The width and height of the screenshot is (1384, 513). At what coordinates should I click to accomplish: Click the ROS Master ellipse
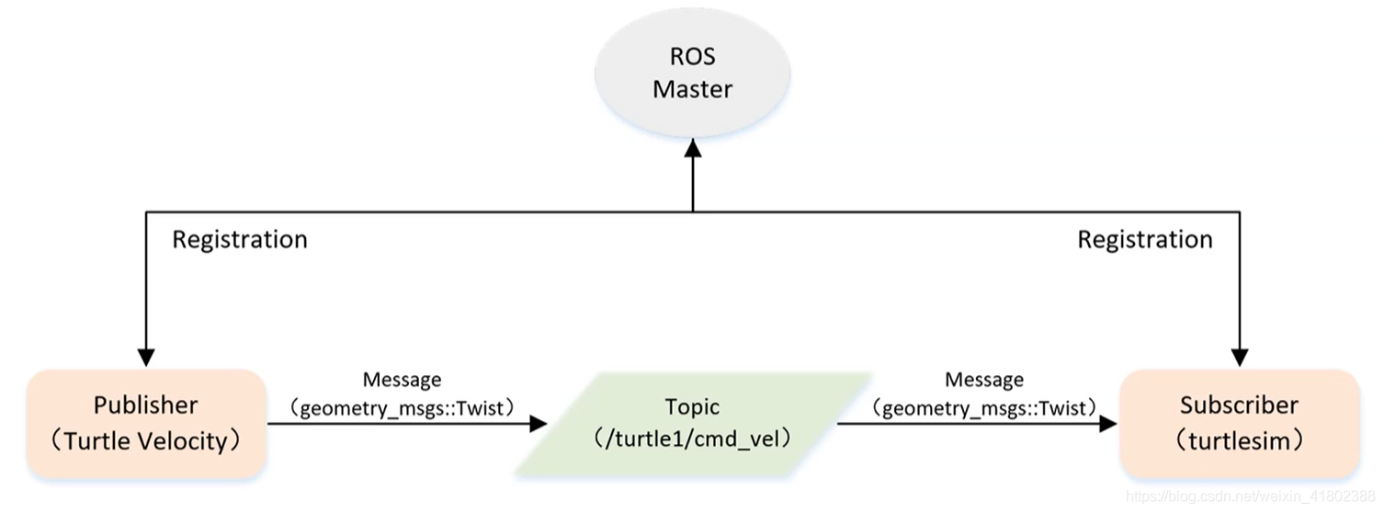pyautogui.click(x=692, y=74)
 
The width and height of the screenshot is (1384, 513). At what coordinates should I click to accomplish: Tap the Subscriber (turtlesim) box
pyautogui.click(x=1239, y=423)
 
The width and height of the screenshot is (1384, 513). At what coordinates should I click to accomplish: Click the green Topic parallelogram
pyautogui.click(x=692, y=423)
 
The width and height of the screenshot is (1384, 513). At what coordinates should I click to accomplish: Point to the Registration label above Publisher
pyautogui.click(x=240, y=240)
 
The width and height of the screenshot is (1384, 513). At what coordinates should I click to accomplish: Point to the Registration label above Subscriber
pyautogui.click(x=1144, y=240)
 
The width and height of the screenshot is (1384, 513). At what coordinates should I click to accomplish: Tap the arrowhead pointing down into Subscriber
pyautogui.click(x=1240, y=357)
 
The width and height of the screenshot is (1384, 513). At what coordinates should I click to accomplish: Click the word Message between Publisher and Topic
pyautogui.click(x=402, y=380)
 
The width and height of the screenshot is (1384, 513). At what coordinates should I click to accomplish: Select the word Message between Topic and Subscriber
pyautogui.click(x=983, y=380)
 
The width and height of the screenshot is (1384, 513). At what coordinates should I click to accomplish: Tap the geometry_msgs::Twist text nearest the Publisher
pyautogui.click(x=402, y=407)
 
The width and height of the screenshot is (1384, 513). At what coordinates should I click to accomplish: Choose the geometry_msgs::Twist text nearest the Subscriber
pyautogui.click(x=983, y=407)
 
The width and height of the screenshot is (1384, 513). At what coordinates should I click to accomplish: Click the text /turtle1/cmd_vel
pyautogui.click(x=692, y=439)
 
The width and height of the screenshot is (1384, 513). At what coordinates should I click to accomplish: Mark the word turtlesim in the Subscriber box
pyautogui.click(x=1239, y=441)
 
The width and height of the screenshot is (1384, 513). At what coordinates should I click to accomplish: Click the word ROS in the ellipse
pyautogui.click(x=692, y=57)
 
